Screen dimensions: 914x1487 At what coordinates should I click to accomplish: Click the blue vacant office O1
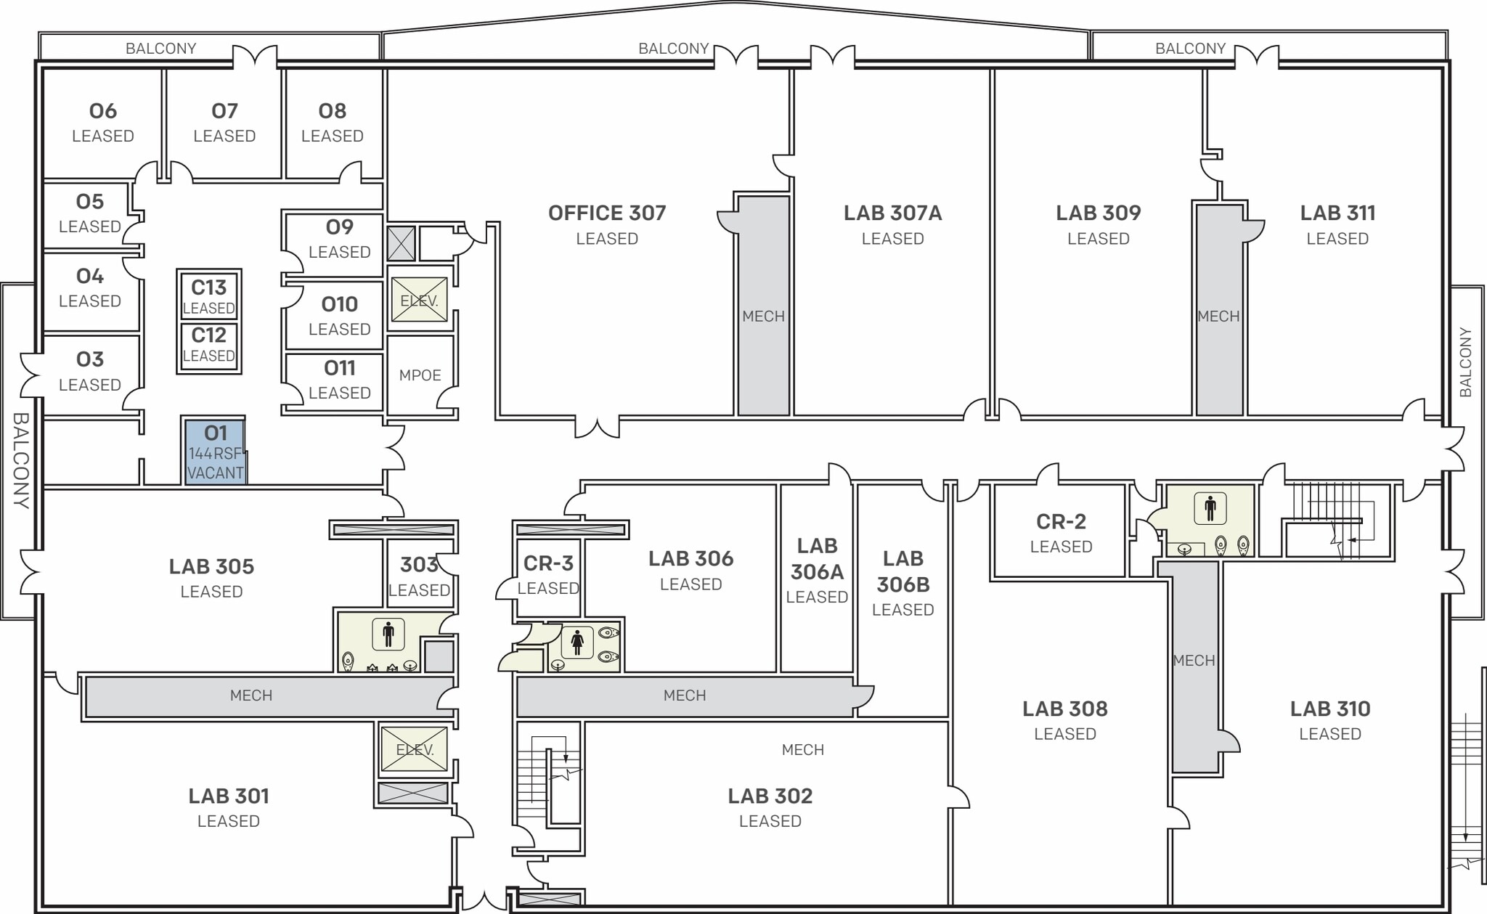click(x=215, y=452)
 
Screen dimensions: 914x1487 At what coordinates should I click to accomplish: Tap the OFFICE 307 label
click(x=607, y=213)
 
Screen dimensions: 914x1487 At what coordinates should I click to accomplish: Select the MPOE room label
click(x=420, y=375)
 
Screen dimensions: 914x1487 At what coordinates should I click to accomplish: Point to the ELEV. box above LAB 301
click(x=415, y=749)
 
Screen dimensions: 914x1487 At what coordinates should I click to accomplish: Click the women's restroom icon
click(x=577, y=642)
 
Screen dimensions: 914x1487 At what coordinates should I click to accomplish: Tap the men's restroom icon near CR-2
click(x=1210, y=508)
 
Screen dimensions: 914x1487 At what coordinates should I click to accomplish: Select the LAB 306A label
click(x=817, y=559)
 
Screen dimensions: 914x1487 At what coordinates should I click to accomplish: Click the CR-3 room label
click(x=548, y=563)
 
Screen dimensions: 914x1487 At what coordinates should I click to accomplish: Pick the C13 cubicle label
click(x=208, y=287)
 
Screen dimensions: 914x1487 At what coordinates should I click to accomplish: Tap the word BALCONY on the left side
click(x=20, y=460)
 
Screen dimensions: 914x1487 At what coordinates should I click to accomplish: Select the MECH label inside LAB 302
click(x=802, y=750)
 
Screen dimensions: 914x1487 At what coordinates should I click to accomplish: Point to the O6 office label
click(x=102, y=111)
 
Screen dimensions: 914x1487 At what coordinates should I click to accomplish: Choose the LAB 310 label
click(x=1329, y=709)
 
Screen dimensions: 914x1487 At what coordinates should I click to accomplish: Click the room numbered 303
click(x=419, y=564)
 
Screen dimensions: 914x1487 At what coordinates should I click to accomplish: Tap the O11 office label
click(x=339, y=368)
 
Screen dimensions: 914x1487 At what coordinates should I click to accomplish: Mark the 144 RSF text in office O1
click(x=215, y=454)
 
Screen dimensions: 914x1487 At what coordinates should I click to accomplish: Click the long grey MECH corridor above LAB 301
click(x=251, y=695)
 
